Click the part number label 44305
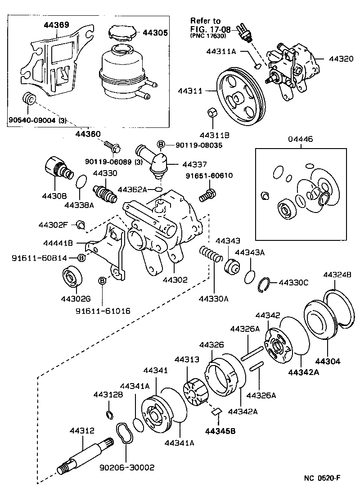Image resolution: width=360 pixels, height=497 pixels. tap(155, 32)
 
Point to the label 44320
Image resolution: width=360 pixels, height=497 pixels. tap(341, 59)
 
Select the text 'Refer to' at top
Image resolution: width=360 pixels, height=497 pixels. tap(205, 21)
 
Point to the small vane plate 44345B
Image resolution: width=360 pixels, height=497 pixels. tap(216, 411)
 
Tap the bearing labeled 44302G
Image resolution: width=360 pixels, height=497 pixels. tap(71, 276)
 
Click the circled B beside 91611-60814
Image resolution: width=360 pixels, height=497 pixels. tap(81, 258)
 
